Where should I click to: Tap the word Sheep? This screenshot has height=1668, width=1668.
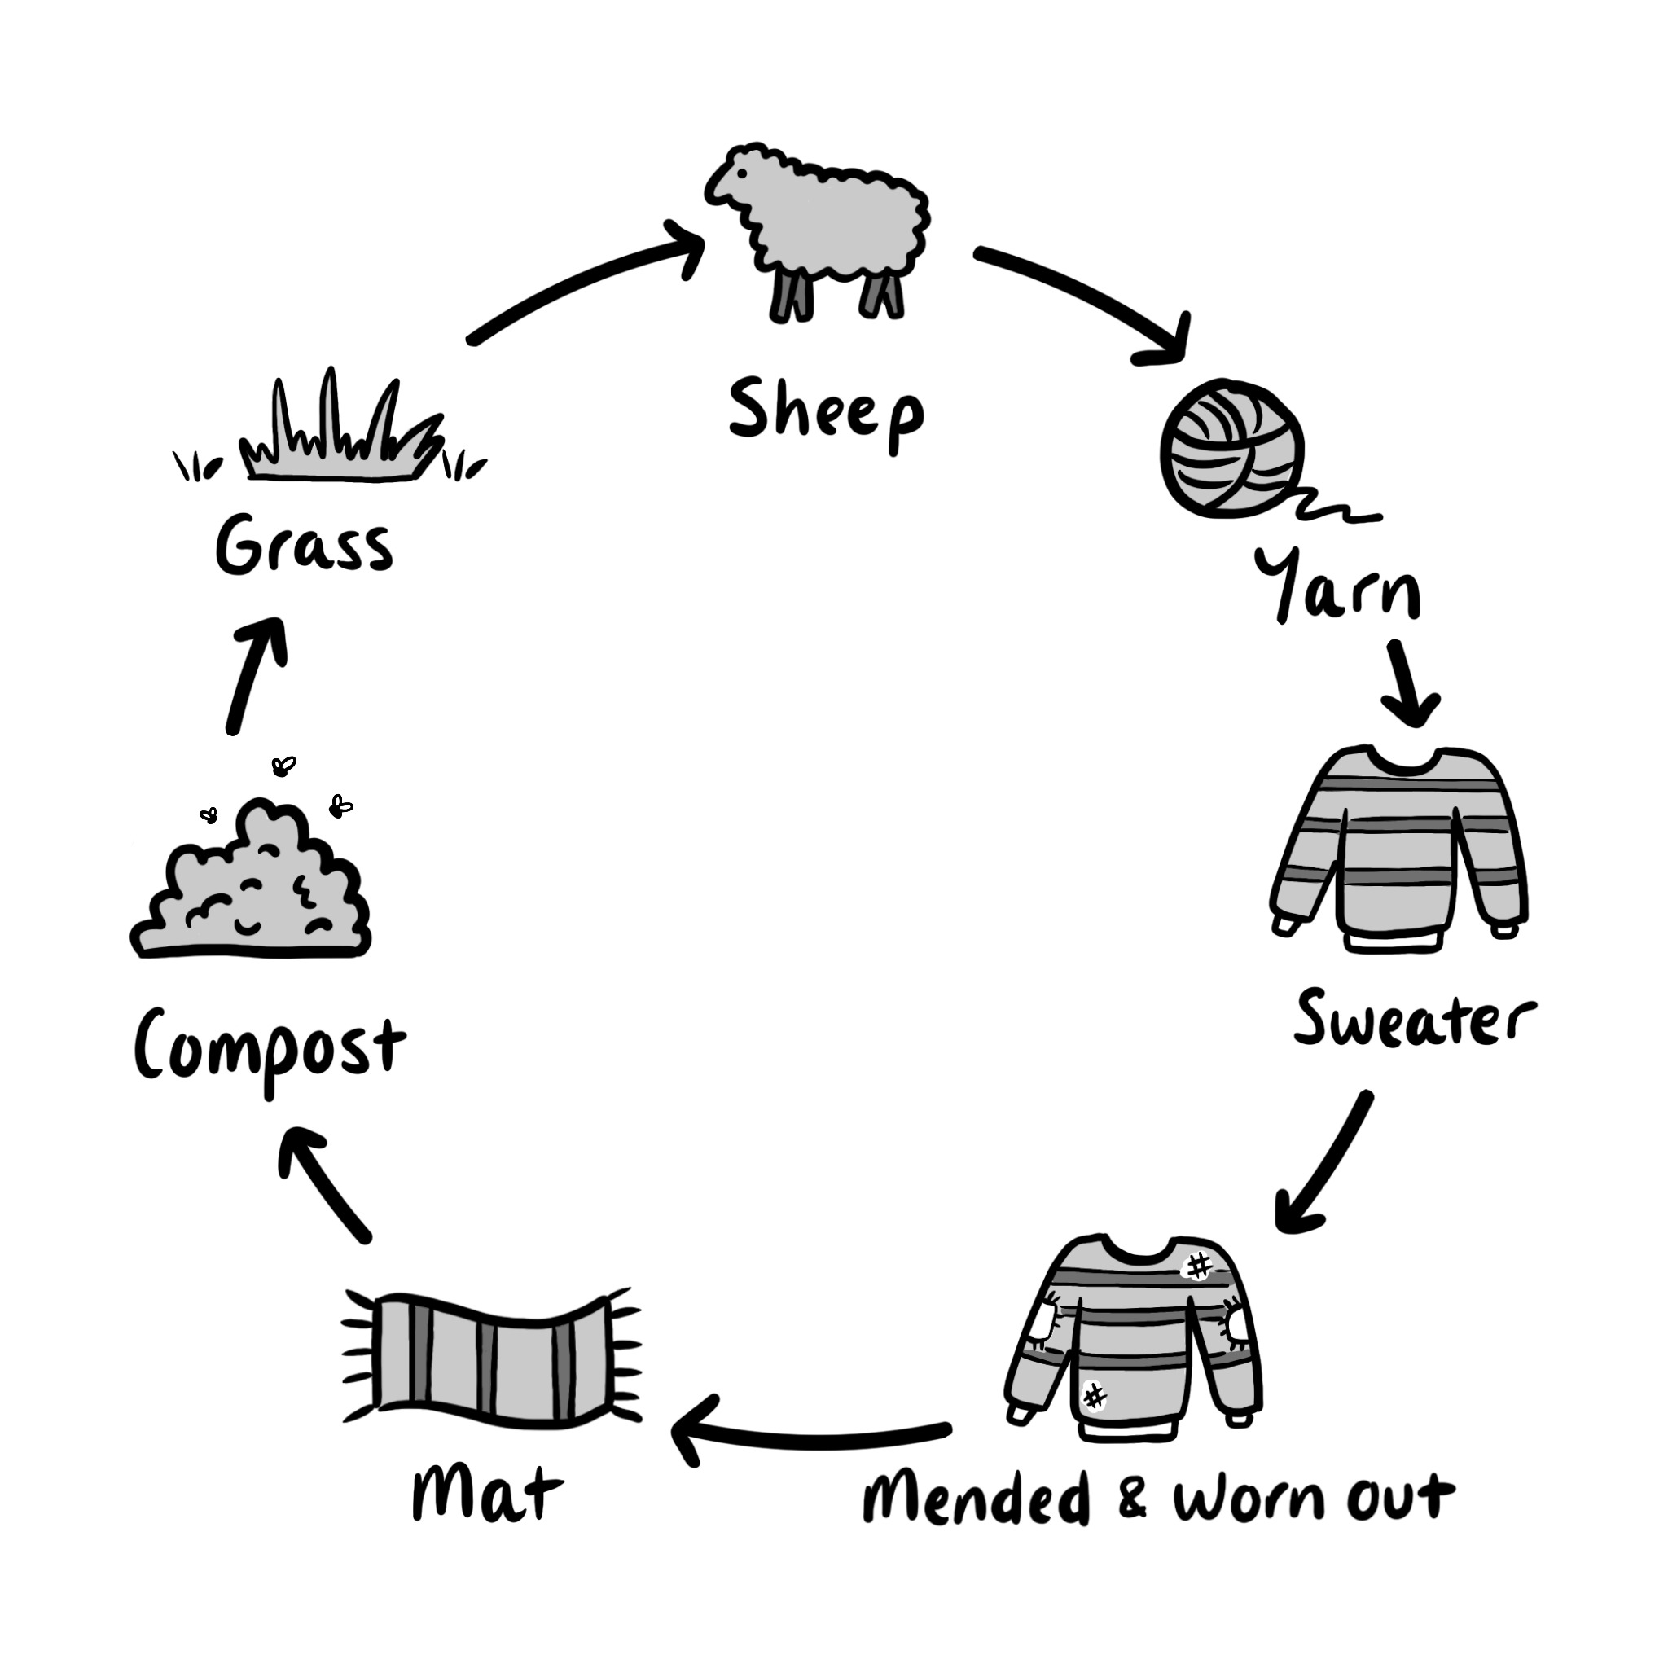coord(825,413)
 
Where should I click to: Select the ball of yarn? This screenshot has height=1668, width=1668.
coord(1231,449)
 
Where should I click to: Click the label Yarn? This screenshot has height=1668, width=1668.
coord(1337,587)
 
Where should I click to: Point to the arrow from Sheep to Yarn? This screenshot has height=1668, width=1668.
coord(1088,298)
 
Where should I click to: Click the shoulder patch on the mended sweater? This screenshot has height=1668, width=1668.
coord(1198,1266)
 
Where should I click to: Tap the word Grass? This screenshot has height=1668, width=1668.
coord(304,546)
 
